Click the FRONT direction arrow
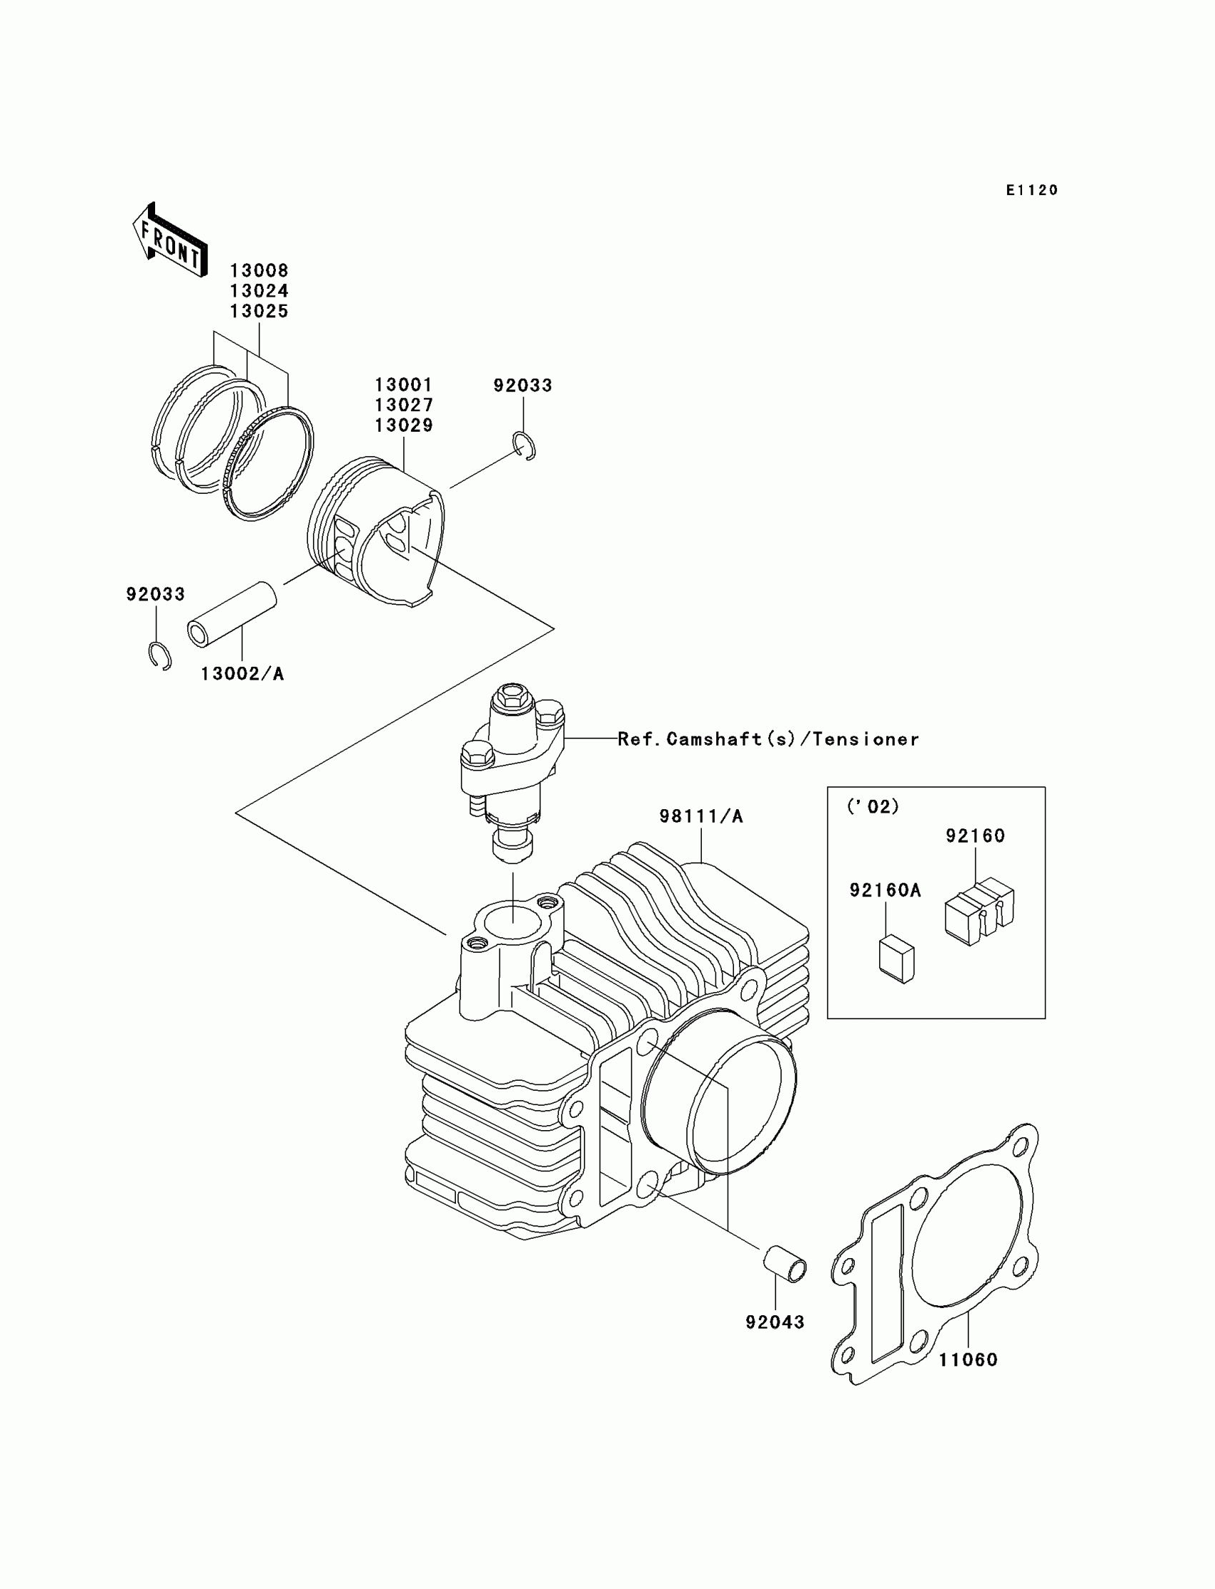point(170,241)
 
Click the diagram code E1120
point(1032,190)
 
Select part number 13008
point(259,270)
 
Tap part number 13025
point(259,311)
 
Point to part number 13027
point(404,405)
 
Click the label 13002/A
point(242,674)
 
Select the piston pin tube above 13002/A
point(232,615)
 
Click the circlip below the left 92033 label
point(160,655)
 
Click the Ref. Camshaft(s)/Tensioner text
point(768,739)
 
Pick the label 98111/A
point(701,816)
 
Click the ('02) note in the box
point(873,806)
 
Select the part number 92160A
point(886,891)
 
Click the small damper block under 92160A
point(897,959)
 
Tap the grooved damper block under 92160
point(979,911)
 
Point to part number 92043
point(775,1322)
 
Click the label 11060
point(968,1360)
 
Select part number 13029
point(404,425)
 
